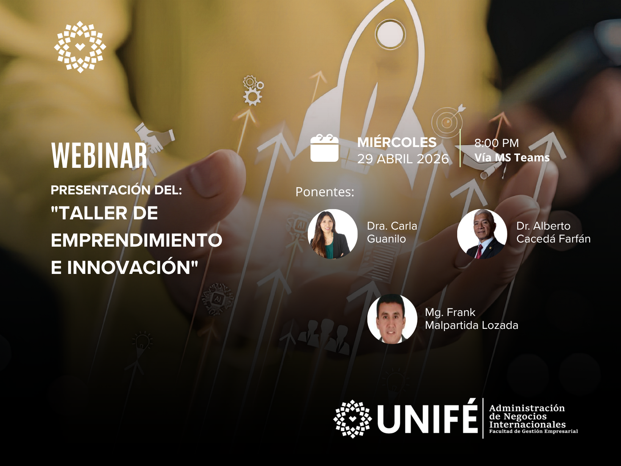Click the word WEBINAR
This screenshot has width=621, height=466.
coord(99,155)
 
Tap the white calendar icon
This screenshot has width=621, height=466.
coord(324,148)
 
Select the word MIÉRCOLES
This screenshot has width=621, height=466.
coord(397,142)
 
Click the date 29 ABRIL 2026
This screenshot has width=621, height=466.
coord(403,159)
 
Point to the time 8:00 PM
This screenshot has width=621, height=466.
coord(497,143)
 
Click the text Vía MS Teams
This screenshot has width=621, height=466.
coord(512,158)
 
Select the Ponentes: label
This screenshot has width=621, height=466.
coord(325,192)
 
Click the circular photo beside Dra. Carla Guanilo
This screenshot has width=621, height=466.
coord(332,234)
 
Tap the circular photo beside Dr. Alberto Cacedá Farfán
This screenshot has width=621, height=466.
coord(482,234)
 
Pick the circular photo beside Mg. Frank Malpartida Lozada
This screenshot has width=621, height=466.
coord(392,319)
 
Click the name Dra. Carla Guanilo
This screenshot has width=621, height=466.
coord(392,232)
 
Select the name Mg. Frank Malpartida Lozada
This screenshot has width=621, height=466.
coord(472,319)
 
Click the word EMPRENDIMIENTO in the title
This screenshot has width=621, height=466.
coord(136,240)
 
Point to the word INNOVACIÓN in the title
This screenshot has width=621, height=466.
coord(132,267)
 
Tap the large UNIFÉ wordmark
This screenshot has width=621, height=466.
coord(428,419)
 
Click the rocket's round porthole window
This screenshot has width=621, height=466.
coord(391,34)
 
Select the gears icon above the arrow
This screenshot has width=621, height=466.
coord(252,90)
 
